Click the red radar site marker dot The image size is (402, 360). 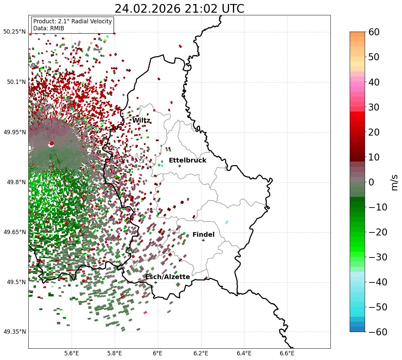pyautogui.click(x=52, y=144)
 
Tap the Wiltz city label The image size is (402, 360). pyautogui.click(x=141, y=121)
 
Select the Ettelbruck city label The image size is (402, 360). pyautogui.click(x=188, y=161)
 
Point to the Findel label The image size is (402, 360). pyautogui.click(x=203, y=235)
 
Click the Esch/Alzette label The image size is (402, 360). pyautogui.click(x=168, y=277)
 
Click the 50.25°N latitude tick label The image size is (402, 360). pyautogui.click(x=14, y=32)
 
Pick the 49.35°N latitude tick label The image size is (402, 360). pyautogui.click(x=14, y=332)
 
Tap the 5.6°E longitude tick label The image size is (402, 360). pyautogui.click(x=72, y=353)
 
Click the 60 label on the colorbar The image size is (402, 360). pyautogui.click(x=374, y=32)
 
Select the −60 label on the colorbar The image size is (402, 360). pyautogui.click(x=377, y=332)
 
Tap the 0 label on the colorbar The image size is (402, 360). pyautogui.click(x=371, y=182)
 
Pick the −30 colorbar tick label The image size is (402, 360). pyautogui.click(x=377, y=257)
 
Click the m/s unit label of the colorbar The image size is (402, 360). pyautogui.click(x=395, y=182)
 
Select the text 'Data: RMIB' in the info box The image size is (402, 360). pyautogui.click(x=49, y=28)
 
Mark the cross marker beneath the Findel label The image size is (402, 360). pyautogui.click(x=203, y=240)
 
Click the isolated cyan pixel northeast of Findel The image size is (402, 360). pyautogui.click(x=227, y=222)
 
